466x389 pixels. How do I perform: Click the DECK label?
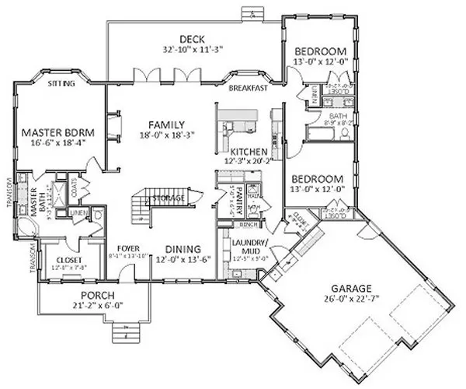tap(191, 39)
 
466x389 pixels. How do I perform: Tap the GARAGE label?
tap(359, 286)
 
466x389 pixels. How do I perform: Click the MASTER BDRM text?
tap(52, 131)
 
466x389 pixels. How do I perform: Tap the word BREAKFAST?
tap(248, 89)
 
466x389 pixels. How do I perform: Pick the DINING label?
tap(183, 249)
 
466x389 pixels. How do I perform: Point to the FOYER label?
tap(127, 249)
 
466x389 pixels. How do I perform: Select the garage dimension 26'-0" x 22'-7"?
tap(359, 297)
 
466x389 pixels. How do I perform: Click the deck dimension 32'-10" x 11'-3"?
tap(191, 49)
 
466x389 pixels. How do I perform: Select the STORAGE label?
tap(169, 199)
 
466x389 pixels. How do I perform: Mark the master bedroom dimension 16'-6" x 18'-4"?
tap(52, 142)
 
